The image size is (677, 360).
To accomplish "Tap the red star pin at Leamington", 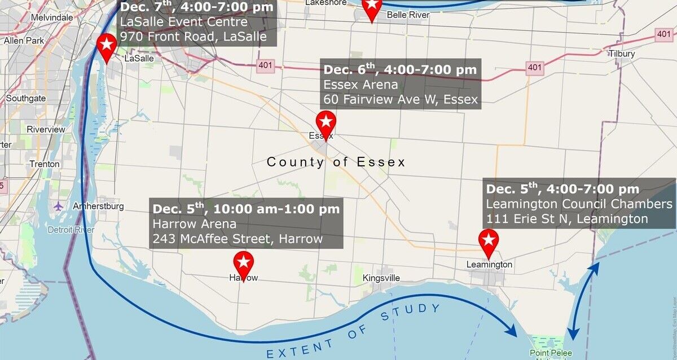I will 489,242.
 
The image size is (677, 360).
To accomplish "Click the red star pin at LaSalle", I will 106,45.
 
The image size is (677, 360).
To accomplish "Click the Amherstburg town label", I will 98,207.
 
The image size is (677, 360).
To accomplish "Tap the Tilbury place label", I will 622,54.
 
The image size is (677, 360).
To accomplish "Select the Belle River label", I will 408,15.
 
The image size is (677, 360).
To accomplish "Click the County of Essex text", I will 336,163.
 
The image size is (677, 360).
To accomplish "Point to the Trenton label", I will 45,164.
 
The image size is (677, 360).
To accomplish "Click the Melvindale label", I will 52,17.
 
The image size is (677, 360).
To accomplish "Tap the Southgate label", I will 26,98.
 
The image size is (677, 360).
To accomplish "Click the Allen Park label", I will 24,41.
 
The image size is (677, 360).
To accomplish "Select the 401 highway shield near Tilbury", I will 664,35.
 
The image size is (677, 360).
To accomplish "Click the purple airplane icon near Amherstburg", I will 58,206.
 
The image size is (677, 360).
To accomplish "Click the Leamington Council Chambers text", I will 579,204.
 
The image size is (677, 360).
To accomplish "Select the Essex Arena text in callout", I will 361,85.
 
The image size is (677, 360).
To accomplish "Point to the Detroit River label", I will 71,230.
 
